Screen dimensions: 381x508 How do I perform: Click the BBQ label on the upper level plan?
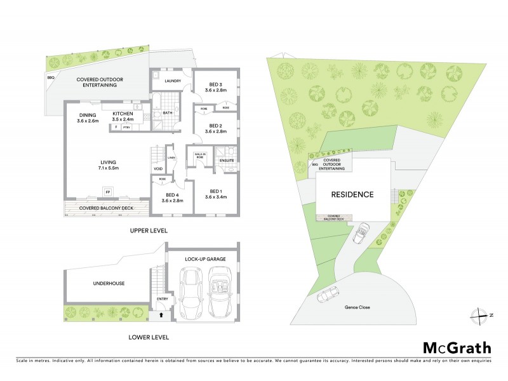tap(51, 77)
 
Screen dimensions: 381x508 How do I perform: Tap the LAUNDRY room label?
tap(173, 81)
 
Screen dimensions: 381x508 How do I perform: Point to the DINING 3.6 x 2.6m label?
tap(88, 117)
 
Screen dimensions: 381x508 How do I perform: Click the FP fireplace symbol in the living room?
tap(107, 190)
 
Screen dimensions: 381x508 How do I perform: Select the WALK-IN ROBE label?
tap(199, 155)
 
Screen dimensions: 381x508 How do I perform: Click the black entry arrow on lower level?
tap(161, 313)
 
